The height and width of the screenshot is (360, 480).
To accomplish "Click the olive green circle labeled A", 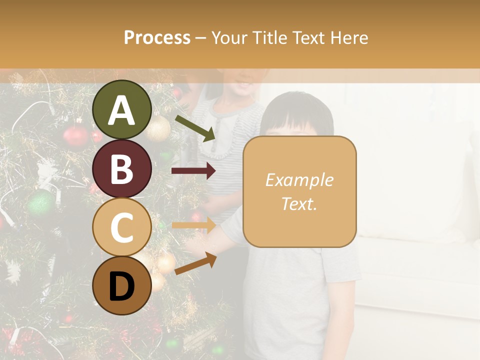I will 121,110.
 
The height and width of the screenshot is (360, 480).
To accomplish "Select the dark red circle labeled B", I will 121,168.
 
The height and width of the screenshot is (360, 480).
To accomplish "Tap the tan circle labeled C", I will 121,227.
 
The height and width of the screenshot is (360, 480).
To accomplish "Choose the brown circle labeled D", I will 121,285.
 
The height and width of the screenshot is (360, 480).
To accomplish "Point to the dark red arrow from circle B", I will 193,171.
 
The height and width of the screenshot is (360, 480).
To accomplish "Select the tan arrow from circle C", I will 193,225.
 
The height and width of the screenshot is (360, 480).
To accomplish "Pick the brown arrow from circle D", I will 195,263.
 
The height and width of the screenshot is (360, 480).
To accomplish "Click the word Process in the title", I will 157,37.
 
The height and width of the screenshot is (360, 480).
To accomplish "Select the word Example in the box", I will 299,180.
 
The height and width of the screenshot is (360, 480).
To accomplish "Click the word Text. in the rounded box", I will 299,203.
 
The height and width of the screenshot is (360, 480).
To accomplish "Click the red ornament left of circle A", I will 75,135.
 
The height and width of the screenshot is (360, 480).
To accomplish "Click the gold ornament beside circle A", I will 158,128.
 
